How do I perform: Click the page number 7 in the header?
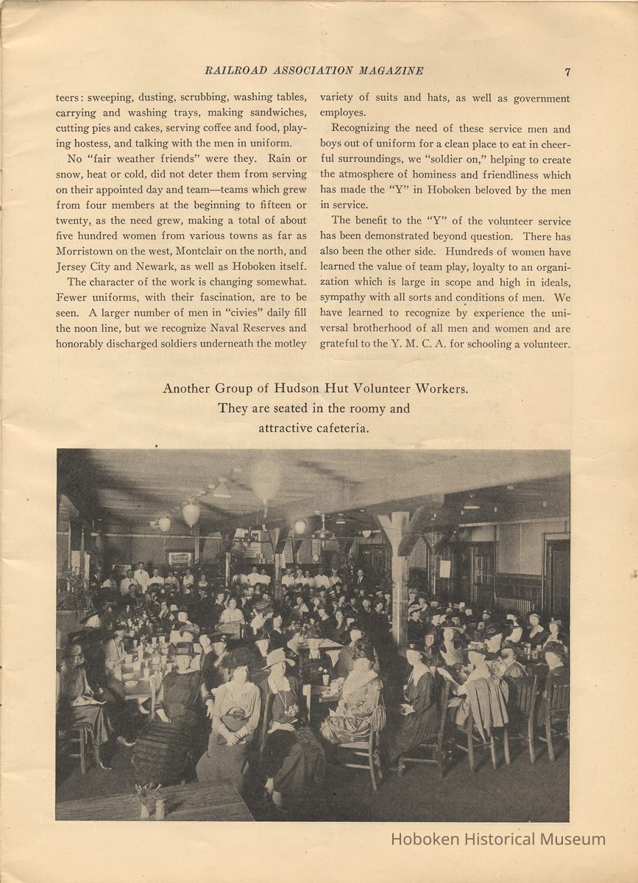[567, 71]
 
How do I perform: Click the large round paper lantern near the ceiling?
[266, 478]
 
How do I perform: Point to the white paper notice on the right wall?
[445, 568]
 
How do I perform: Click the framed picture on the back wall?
[180, 558]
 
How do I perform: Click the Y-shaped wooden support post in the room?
[400, 559]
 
